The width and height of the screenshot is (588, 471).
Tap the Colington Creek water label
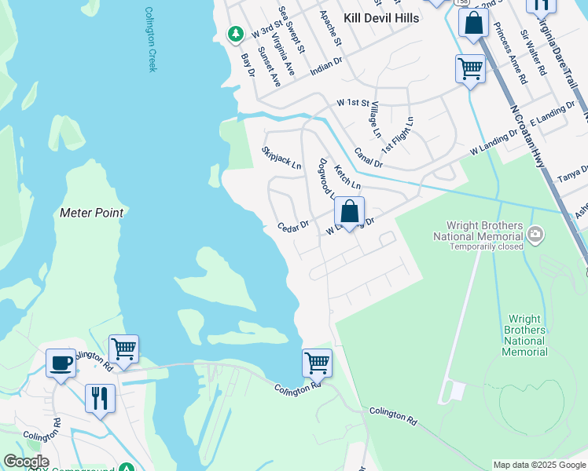point(151,40)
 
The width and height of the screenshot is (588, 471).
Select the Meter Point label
point(91,213)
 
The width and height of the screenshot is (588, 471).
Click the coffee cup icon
point(61,363)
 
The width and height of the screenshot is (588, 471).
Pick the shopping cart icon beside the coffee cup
point(123,349)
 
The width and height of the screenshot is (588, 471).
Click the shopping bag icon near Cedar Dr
point(349,212)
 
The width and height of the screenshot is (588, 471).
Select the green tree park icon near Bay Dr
point(234,34)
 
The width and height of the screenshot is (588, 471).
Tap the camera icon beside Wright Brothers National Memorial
point(535,234)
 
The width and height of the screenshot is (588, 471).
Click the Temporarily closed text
point(486,246)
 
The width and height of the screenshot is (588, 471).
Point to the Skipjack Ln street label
point(281,157)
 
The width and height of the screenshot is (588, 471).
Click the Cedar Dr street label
point(293,227)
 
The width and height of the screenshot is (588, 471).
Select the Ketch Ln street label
point(347,177)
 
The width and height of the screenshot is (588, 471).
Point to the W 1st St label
point(353,103)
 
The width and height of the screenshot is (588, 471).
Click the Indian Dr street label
point(326,64)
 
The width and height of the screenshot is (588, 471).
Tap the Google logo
point(26,462)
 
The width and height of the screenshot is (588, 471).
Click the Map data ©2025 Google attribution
point(538,465)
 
